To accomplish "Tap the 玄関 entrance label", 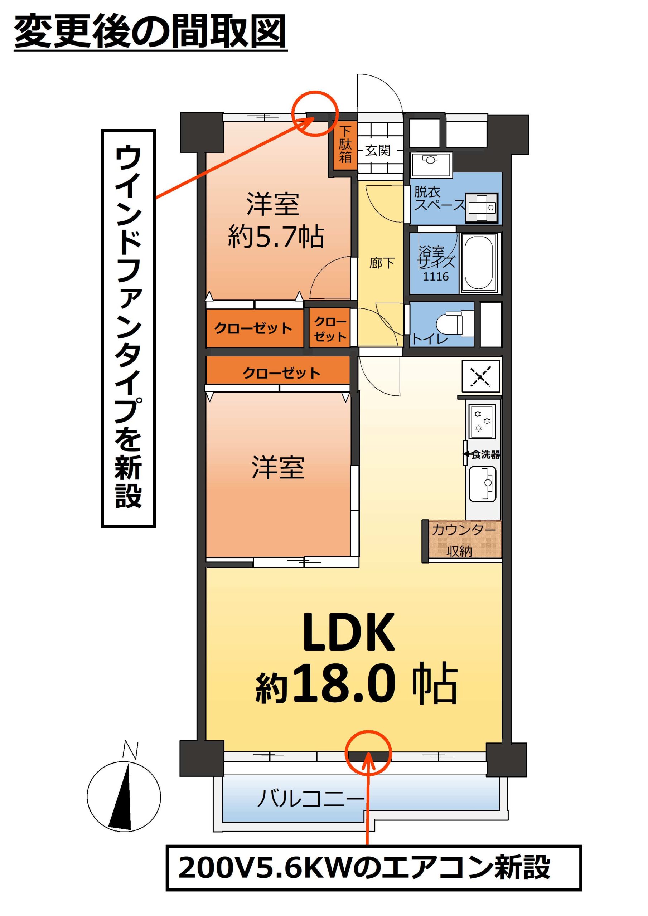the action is [x=378, y=150].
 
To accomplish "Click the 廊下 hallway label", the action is [x=382, y=263].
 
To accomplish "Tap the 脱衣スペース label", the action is [x=440, y=199].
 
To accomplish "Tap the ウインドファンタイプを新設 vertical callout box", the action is [x=128, y=328].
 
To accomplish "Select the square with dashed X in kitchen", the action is [x=481, y=376].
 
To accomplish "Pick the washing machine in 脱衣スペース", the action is [x=482, y=208].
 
